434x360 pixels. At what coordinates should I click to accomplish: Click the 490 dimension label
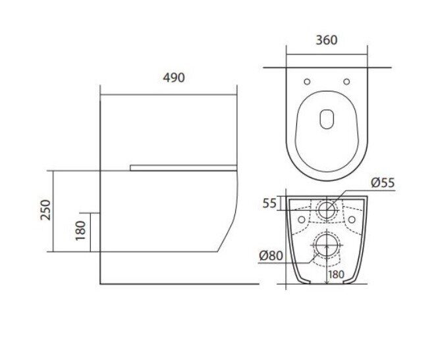(x=174, y=78)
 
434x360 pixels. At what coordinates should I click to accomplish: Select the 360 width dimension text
(x=327, y=39)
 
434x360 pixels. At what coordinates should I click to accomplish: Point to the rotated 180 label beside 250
(x=80, y=231)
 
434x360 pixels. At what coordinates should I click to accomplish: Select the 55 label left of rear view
(x=269, y=203)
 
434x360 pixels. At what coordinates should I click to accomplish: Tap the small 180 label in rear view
(x=337, y=274)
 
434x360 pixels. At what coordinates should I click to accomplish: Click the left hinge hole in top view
(x=308, y=82)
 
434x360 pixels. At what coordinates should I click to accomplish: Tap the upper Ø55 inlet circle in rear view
(x=327, y=210)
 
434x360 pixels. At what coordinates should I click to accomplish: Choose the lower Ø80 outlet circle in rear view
(x=327, y=245)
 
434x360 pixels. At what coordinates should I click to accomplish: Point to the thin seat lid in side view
(x=182, y=168)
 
